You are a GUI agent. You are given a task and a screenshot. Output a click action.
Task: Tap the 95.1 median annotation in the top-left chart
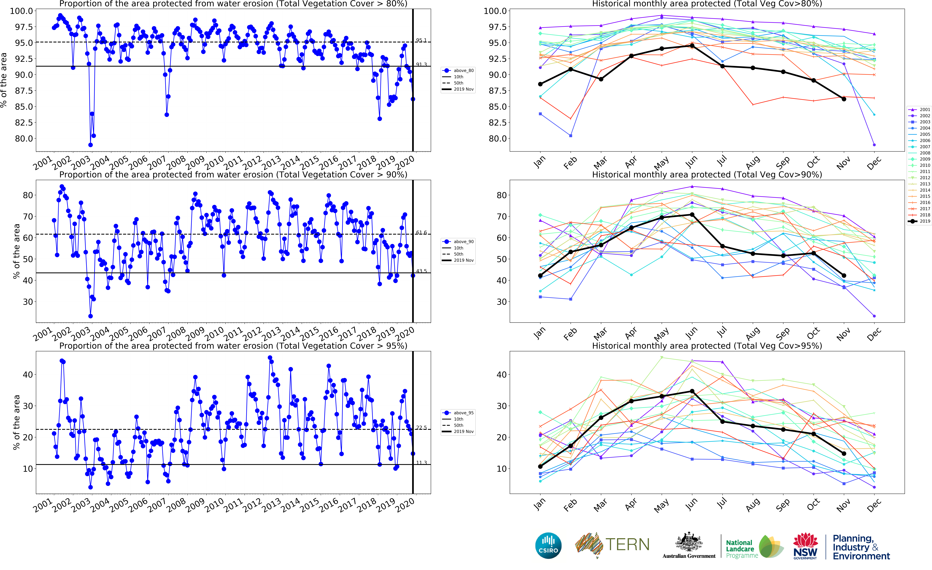(421, 40)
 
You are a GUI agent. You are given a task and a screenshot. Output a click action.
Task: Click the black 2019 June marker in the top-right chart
(692, 45)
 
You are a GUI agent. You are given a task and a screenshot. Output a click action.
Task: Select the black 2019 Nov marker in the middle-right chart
(844, 276)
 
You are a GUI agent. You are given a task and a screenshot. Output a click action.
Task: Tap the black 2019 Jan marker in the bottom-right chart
(540, 466)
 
